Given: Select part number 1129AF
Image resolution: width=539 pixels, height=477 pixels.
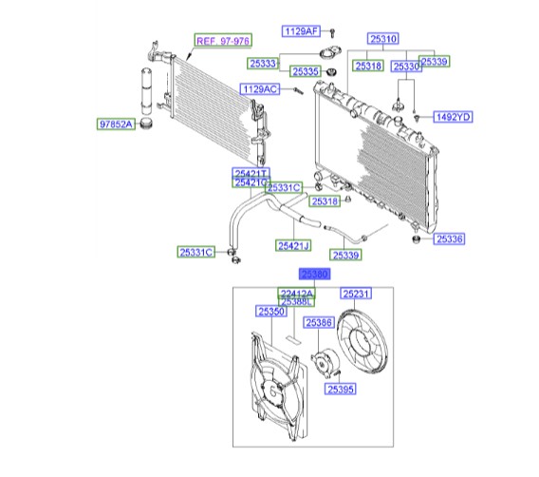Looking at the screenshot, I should tap(301, 31).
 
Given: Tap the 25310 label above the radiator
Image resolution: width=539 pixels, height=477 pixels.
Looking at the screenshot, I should tap(385, 38).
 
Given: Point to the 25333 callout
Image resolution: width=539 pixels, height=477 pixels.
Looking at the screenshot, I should tap(264, 64).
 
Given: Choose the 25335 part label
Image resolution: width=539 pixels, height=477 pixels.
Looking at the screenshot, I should tap(306, 71).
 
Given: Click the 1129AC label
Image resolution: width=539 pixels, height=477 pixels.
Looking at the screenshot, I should tap(260, 89).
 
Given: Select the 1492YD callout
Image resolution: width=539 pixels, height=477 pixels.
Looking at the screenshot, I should tap(453, 117).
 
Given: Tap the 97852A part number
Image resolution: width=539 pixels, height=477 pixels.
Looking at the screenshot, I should tap(116, 124).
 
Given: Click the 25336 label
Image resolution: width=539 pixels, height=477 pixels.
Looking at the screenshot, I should tap(450, 239).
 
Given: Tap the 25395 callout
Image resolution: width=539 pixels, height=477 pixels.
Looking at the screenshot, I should tap(341, 389).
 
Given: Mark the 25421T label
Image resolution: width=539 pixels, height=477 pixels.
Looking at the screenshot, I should tap(251, 173).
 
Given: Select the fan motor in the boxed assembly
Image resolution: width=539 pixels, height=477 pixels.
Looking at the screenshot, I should tap(322, 367).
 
